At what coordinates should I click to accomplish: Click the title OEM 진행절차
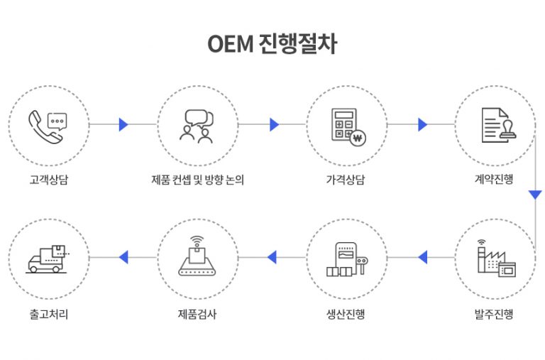(272, 44)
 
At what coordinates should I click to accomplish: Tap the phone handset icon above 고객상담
(44, 126)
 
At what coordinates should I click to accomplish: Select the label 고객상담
(49, 180)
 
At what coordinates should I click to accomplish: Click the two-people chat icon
(197, 126)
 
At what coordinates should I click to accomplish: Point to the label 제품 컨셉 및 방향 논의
(197, 180)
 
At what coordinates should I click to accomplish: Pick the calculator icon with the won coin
(348, 127)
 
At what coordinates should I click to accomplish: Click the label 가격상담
(346, 180)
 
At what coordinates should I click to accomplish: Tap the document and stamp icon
(499, 125)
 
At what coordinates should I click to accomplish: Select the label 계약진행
(494, 179)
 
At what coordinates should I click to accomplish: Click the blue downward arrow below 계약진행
(535, 195)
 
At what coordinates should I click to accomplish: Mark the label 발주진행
(494, 314)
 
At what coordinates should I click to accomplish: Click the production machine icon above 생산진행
(347, 259)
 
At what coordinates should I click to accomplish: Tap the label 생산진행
(346, 314)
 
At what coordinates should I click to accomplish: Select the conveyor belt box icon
(197, 256)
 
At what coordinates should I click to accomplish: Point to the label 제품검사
(197, 314)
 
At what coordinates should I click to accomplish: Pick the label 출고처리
(49, 314)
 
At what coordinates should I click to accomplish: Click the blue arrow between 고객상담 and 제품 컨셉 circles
(123, 124)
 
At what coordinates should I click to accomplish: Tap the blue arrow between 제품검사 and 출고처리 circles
(123, 257)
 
